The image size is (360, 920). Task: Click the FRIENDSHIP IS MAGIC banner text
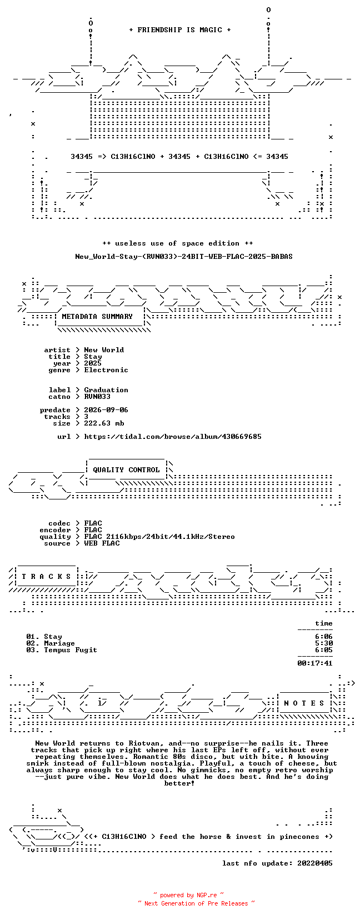180,30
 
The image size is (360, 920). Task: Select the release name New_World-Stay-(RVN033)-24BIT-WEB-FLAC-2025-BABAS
184,257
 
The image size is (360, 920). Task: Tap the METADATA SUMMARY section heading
97,317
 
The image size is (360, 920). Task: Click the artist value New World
104,350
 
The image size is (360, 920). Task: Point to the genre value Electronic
106,370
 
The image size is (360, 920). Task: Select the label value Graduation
106,390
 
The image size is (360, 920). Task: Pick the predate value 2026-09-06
106,410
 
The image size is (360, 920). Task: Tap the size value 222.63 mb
104,423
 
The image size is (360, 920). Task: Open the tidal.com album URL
173,437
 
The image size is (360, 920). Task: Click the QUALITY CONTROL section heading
126,470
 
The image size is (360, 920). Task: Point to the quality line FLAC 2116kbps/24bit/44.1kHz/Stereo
159,537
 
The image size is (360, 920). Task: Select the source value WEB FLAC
102,543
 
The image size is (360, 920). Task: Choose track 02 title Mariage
59,643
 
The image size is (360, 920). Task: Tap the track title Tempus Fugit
71,650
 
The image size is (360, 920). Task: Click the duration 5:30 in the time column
324,643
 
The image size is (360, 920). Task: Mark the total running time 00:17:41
315,663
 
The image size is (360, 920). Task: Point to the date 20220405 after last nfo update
315,863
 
